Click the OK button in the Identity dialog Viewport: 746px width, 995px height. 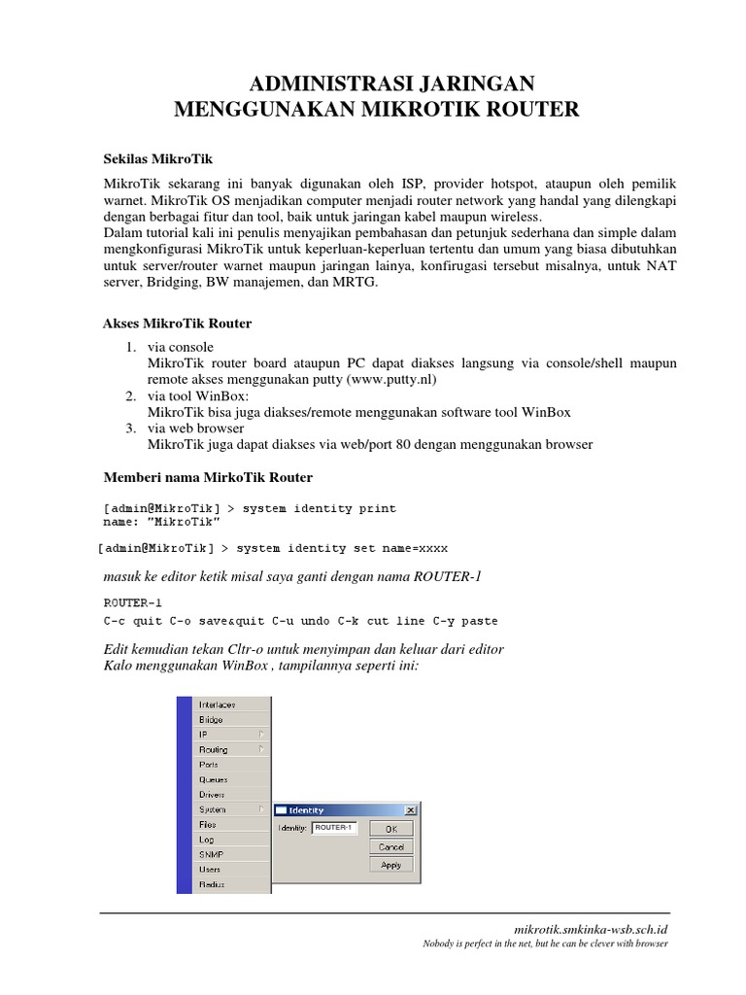click(390, 829)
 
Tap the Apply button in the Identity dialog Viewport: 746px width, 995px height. click(390, 865)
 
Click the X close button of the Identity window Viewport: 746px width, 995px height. click(410, 810)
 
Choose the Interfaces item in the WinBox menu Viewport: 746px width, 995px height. click(217, 704)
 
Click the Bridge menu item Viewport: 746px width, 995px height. click(211, 720)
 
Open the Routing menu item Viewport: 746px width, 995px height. click(214, 749)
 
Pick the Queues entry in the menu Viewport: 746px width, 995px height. click(214, 779)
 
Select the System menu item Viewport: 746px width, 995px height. click(212, 809)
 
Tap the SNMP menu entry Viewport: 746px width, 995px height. click(211, 854)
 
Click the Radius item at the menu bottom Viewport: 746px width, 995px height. click(211, 884)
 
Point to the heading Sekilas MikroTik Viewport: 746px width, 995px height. click(158, 158)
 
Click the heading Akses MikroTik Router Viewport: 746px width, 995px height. click(178, 323)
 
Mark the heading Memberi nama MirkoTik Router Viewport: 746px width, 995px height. click(208, 477)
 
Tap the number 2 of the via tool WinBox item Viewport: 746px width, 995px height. click(129, 395)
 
